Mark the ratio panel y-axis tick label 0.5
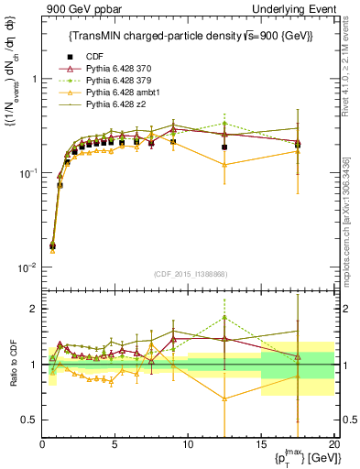click(x=30, y=420)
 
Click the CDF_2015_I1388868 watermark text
click(x=189, y=272)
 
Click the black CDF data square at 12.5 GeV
click(x=224, y=147)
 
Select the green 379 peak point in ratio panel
click(x=224, y=318)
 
